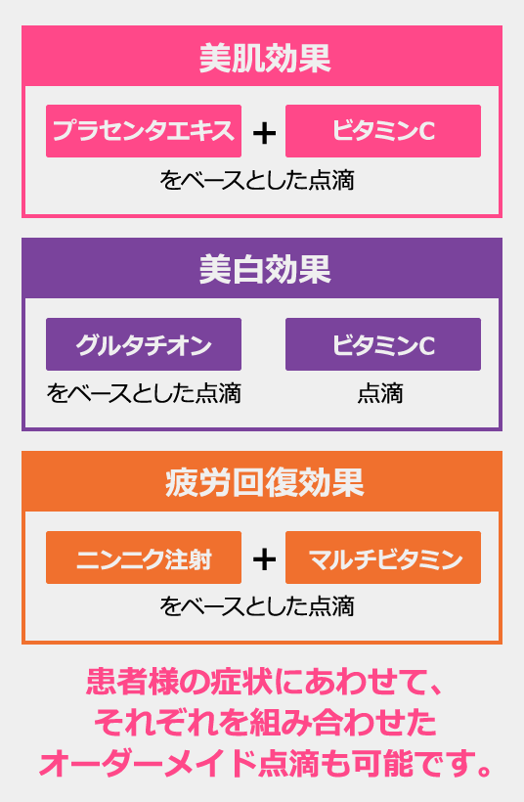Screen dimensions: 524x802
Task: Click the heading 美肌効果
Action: [x=265, y=58]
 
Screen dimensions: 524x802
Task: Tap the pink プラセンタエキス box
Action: [x=144, y=131]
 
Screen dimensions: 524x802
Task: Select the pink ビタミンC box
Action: [x=383, y=131]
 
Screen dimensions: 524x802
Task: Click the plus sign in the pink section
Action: [x=264, y=133]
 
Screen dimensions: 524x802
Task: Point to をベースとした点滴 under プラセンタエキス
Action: [x=257, y=180]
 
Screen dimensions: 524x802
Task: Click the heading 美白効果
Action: [x=265, y=270]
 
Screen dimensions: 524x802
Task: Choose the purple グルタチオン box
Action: [x=144, y=344]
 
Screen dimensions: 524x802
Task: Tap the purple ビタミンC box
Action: [x=383, y=344]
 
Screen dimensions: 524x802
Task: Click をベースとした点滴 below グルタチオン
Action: [x=144, y=393]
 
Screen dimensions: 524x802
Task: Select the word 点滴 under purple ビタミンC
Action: [x=380, y=393]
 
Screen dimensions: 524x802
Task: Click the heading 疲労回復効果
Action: [x=265, y=482]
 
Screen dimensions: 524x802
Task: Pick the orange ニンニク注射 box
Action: [x=144, y=557]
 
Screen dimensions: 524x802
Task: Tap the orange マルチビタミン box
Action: [x=383, y=557]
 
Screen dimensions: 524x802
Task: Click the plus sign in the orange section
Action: [x=264, y=559]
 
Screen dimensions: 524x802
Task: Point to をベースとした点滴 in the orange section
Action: [x=257, y=606]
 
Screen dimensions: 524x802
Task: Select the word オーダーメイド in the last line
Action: [x=148, y=764]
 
